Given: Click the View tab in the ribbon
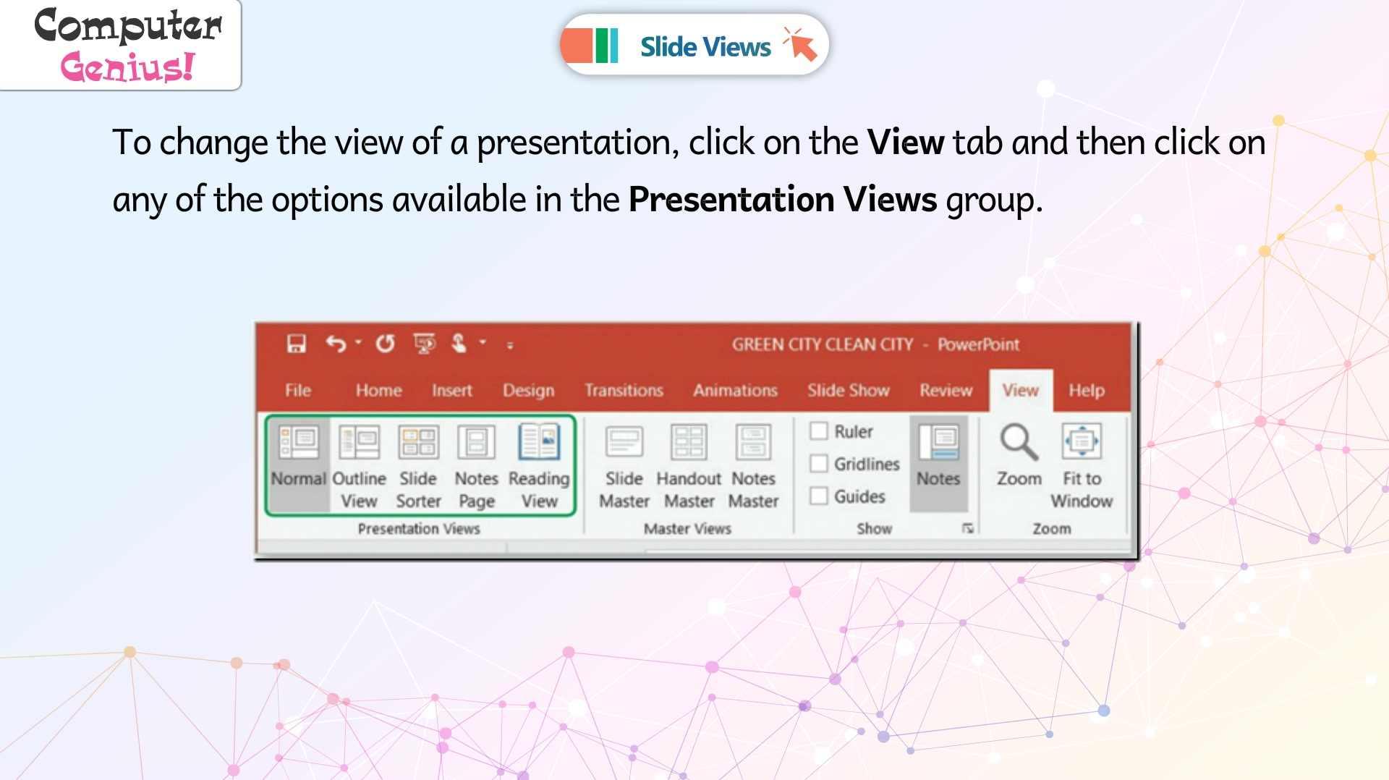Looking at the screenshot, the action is point(1020,391).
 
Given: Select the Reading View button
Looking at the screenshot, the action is point(539,466).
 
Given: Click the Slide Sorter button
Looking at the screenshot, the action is point(418,466).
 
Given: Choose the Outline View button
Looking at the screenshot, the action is point(359,466).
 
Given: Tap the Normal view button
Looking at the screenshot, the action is point(299,466).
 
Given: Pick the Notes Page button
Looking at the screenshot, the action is point(476,466).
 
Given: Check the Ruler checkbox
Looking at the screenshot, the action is point(819,431).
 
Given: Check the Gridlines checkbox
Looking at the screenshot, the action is point(819,463).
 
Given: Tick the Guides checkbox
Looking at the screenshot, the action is point(819,496).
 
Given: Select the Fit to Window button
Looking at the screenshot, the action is point(1082,466).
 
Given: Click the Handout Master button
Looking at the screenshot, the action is point(689,466).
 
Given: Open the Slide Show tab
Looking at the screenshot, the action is point(848,391).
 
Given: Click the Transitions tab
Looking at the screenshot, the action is point(624,391).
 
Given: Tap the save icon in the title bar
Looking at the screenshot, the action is point(297,344).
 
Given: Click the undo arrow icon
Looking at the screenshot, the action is point(336,344).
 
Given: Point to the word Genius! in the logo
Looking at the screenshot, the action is point(128,67).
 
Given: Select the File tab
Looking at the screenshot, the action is point(297,391).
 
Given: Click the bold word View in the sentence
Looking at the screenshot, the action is point(906,142).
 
